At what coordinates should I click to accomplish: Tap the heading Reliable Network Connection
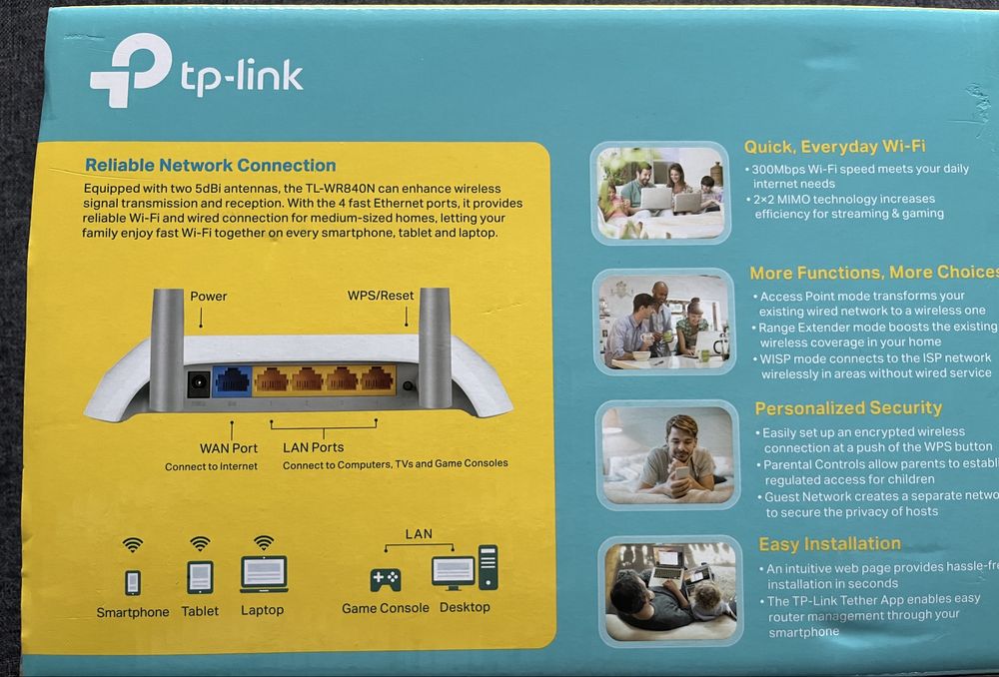point(210,166)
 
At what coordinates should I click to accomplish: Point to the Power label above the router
point(209,297)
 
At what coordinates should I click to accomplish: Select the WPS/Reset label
point(380,297)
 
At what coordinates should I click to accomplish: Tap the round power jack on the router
point(199,382)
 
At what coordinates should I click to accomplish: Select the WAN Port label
point(230,448)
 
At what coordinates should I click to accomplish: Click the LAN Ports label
point(313,447)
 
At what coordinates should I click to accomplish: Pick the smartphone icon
point(132,582)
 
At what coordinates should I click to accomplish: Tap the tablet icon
point(200,577)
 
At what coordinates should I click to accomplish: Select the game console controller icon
point(386,579)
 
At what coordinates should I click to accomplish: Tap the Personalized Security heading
point(848,407)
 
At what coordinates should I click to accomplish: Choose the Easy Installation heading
point(829,544)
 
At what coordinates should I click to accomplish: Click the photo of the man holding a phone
point(665,453)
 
